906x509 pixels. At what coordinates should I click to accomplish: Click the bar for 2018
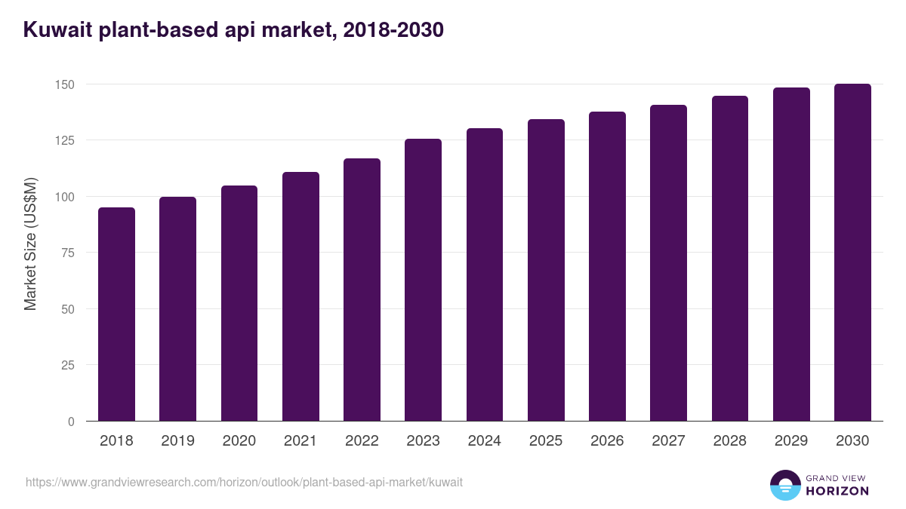[x=116, y=314]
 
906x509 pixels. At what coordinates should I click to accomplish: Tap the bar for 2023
[x=423, y=280]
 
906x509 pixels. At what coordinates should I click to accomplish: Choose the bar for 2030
[x=852, y=253]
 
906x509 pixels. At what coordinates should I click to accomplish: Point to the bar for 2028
[x=730, y=259]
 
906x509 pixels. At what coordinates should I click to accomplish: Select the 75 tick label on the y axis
[x=67, y=253]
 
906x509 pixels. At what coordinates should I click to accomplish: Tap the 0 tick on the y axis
[x=71, y=422]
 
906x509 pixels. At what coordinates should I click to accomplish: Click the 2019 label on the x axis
[x=177, y=441]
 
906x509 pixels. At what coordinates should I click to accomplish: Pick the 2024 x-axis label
[x=484, y=441]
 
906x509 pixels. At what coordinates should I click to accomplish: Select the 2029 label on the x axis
[x=791, y=441]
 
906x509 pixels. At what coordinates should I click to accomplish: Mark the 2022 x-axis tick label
[x=362, y=441]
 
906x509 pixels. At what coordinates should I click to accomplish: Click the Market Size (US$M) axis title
[x=30, y=244]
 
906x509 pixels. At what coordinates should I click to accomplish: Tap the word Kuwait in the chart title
[x=57, y=30]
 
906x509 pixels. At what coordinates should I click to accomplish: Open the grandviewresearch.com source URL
[x=244, y=482]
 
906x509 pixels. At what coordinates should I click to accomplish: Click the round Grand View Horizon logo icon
[x=784, y=485]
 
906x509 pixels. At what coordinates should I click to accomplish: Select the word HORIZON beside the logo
[x=837, y=491]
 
